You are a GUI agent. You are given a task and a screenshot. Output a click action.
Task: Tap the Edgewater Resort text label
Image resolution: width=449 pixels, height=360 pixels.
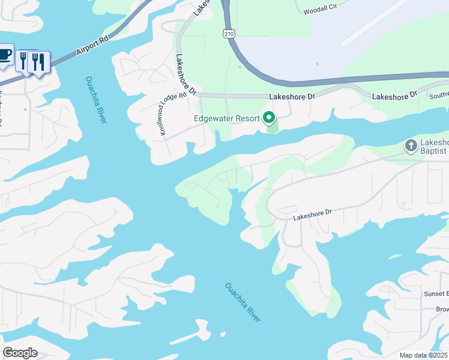tap(226, 118)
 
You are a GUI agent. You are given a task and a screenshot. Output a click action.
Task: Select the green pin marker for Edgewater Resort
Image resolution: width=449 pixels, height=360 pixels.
tap(270, 118)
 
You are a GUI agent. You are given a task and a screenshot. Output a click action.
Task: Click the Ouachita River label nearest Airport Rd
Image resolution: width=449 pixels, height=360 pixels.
tap(96, 100)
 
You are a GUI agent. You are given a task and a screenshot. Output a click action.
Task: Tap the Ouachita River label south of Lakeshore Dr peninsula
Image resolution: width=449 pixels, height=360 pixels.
tap(243, 302)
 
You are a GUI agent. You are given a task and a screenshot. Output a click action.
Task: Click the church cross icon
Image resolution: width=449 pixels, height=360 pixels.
tap(411, 145)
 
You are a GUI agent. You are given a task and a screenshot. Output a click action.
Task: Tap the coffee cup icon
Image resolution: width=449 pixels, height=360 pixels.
tap(4, 55)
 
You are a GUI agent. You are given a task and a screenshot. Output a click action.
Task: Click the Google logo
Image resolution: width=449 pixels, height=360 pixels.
tap(20, 353)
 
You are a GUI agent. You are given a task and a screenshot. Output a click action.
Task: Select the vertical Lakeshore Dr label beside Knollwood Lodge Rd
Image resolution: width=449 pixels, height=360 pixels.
tap(185, 75)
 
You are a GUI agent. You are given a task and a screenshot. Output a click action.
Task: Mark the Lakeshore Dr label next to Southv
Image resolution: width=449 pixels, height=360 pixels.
tap(394, 96)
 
